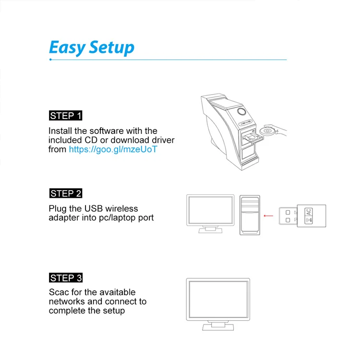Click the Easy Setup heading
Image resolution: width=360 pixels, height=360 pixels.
[92, 48]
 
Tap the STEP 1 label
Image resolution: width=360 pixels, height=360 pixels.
[66, 116]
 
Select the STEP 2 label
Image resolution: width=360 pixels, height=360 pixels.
[66, 193]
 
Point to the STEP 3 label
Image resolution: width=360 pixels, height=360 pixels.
[66, 278]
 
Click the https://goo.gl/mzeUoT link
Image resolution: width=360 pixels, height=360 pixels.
[113, 149]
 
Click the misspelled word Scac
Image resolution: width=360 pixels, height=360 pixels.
[59, 292]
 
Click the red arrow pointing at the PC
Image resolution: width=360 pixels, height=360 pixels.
[272, 216]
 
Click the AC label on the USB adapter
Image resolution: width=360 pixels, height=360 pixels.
[309, 211]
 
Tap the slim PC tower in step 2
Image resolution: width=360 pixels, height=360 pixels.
[250, 215]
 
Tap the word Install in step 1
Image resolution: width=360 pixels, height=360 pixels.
[60, 131]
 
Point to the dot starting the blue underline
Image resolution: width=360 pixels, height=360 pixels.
[50, 60]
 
